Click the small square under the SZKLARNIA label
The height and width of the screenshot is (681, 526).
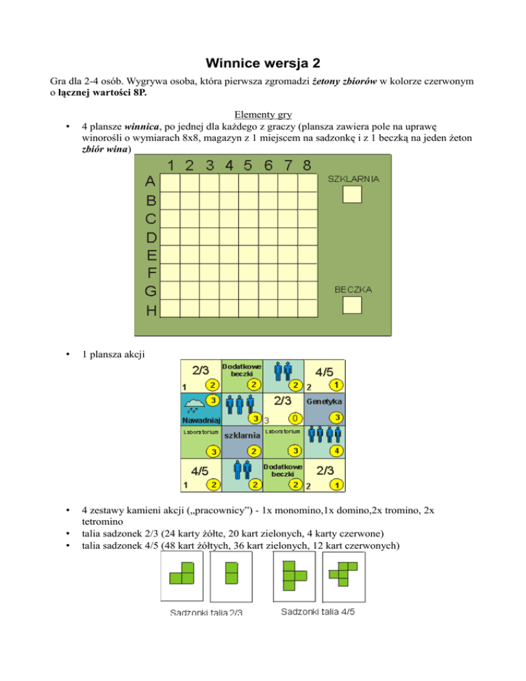[352, 195]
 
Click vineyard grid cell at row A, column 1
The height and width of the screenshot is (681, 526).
[171, 183]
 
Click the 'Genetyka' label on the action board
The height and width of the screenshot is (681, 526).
[325, 400]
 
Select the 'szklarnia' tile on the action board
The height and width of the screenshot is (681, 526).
[242, 435]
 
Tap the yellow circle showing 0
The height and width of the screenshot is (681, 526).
[293, 417]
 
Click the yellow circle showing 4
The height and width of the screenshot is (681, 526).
[336, 450]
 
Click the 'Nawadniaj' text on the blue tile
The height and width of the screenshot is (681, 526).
[201, 419]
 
